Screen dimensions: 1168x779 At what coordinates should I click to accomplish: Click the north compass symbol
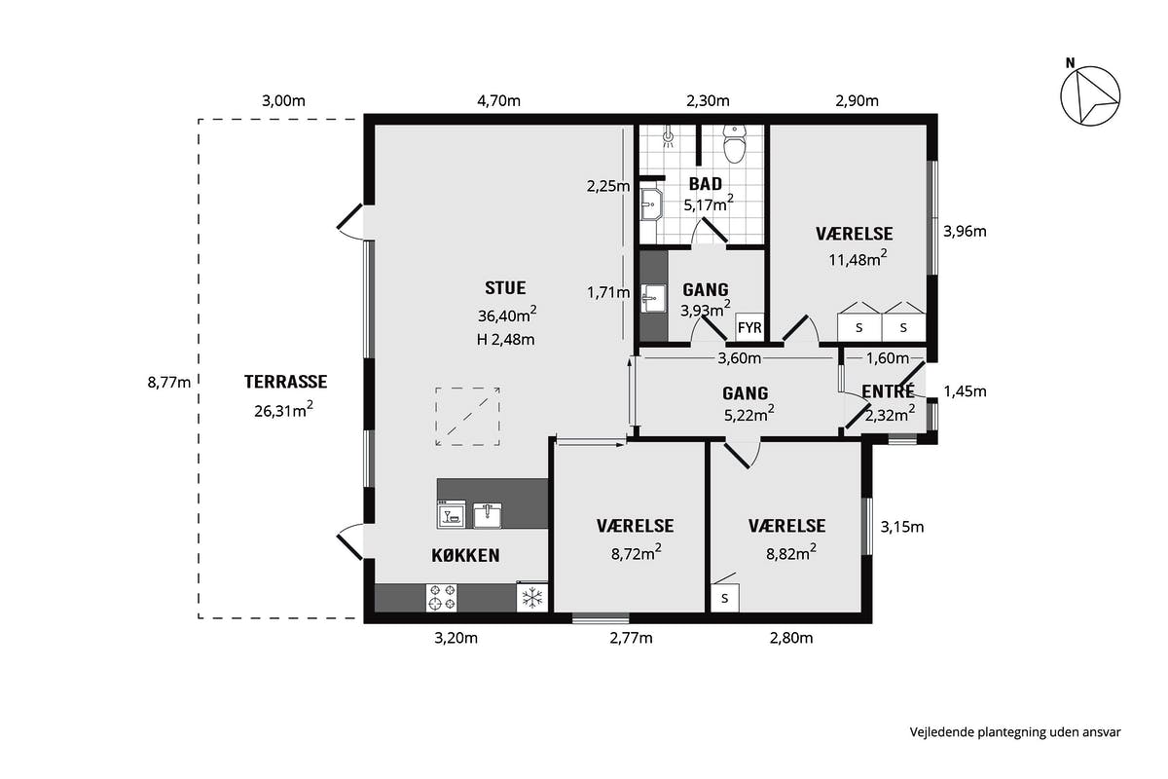[1090, 95]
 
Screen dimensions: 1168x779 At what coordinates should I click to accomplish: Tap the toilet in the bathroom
[735, 144]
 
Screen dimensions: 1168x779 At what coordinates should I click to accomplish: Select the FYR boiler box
[749, 327]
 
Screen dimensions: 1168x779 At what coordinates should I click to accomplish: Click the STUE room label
[505, 287]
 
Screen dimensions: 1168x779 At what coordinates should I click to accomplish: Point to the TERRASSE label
[286, 382]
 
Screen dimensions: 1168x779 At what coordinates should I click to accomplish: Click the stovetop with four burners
[442, 598]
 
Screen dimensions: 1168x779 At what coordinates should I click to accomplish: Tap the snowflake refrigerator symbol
[531, 598]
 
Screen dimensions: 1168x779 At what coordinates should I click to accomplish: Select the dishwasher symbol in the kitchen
[451, 514]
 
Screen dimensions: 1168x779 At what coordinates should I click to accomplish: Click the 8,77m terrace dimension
[169, 383]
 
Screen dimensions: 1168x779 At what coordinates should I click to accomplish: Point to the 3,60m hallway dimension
[740, 358]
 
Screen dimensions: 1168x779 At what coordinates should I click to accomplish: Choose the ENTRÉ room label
[888, 391]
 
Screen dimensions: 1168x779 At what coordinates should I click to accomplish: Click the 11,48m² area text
[858, 258]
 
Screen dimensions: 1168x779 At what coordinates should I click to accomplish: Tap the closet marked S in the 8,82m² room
[725, 598]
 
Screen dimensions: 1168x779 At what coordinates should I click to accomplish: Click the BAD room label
[706, 184]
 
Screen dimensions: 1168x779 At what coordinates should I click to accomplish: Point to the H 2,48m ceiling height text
[505, 340]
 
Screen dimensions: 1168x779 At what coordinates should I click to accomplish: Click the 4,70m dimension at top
[498, 100]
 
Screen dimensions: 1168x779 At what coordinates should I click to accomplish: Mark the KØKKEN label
[465, 556]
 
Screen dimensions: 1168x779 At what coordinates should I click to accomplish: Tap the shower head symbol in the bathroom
[668, 137]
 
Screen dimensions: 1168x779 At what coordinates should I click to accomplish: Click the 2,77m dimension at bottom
[631, 638]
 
